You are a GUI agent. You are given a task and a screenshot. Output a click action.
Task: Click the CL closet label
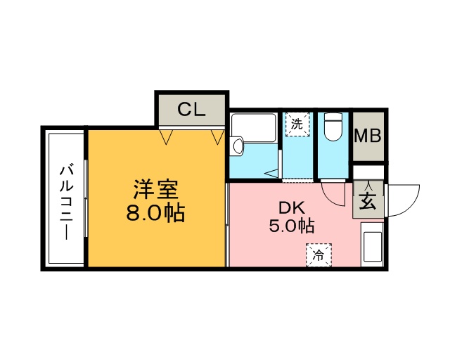click(x=191, y=110)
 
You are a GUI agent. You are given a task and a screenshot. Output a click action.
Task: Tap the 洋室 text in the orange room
click(x=156, y=190)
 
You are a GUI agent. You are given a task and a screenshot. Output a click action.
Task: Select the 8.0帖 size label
click(x=155, y=212)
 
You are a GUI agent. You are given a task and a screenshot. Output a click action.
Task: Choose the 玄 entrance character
click(x=368, y=202)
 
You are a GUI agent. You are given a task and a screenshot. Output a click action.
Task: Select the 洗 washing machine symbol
click(x=297, y=124)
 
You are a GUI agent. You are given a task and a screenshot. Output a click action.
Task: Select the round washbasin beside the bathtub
click(x=237, y=146)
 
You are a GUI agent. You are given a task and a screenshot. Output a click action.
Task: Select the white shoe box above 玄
click(x=368, y=172)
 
